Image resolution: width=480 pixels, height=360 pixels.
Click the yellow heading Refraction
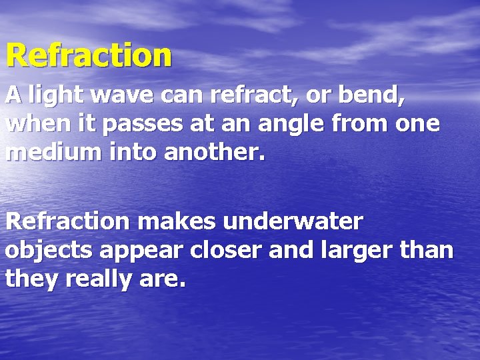coord(89,55)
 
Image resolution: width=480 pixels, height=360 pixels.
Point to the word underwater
coord(293,221)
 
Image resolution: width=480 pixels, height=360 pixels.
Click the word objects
coord(49,251)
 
